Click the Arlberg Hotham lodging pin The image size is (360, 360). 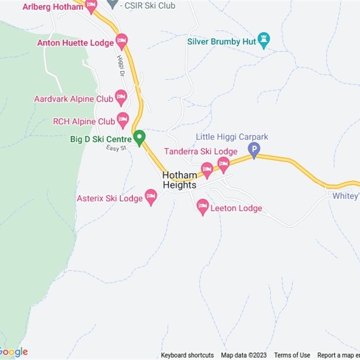91,6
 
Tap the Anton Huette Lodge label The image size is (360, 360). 75,43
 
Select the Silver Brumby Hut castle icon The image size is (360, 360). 263,40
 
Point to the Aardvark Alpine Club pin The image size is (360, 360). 121,97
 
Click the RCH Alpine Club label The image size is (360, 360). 84,121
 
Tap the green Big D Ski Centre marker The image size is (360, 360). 139,137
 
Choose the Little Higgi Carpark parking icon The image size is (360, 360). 254,149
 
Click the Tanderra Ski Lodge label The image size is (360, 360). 200,152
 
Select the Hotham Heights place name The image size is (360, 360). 180,180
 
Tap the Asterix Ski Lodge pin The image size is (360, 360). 151,197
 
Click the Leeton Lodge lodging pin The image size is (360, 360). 203,207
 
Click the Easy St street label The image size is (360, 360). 116,148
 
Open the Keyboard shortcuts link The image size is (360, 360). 187,355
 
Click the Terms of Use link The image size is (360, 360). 292,355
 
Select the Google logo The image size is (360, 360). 13,352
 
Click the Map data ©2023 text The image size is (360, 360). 244,355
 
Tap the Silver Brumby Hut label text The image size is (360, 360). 221,42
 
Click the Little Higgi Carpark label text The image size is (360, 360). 232,137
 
